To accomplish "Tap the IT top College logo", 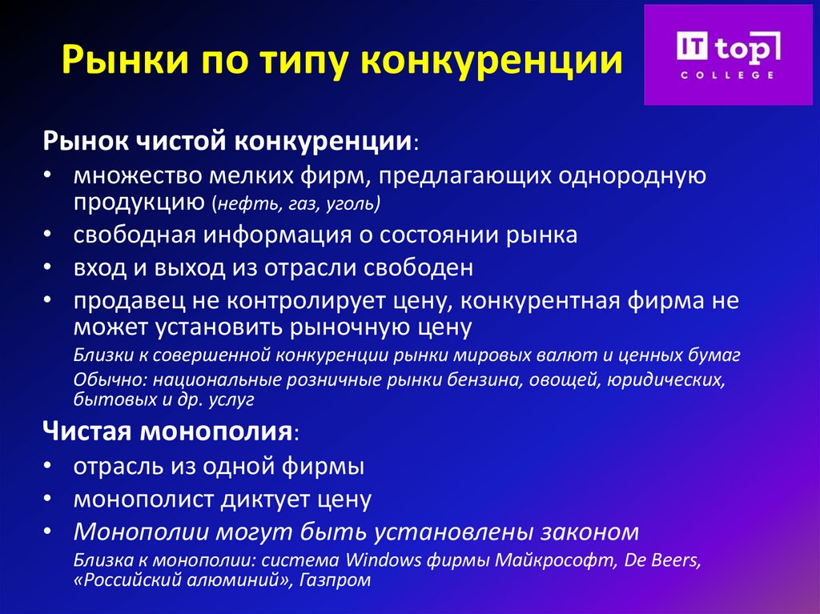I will pyautogui.click(x=727, y=54).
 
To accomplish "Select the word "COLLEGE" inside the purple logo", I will pyautogui.click(x=727, y=74).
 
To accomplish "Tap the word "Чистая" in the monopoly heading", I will pyautogui.click(x=88, y=433).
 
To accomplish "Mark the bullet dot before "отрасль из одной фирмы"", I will pyautogui.click(x=50, y=466).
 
